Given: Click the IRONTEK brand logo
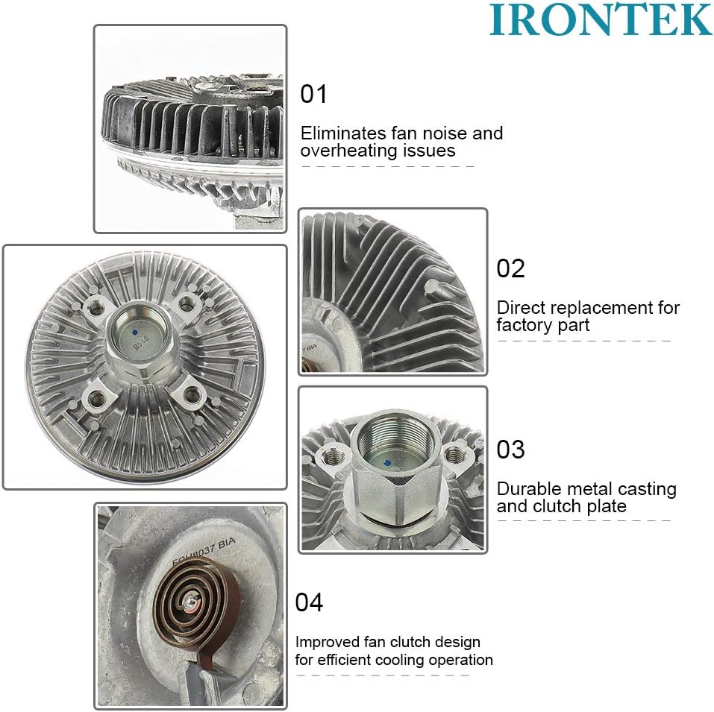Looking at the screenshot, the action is pos(601,20).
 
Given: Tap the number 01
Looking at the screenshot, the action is pos(314,95).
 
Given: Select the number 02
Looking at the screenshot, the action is pos(511,268).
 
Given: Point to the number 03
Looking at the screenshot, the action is pos(511,450).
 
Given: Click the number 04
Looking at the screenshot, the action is pos(310,602).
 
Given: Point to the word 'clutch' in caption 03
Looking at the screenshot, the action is pos(558,506).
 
